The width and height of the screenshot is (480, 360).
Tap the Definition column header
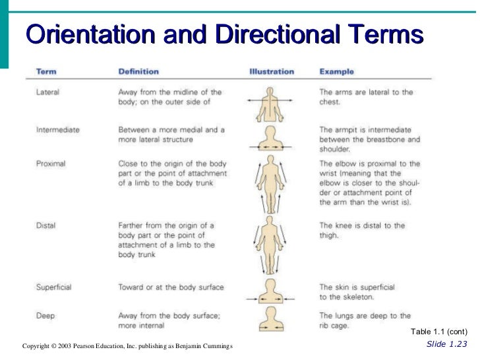[x=138, y=71]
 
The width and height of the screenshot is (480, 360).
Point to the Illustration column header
[x=271, y=71]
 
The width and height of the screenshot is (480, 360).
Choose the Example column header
[x=336, y=71]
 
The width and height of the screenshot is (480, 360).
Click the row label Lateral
[x=47, y=92]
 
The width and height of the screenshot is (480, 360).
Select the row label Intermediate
[x=58, y=130]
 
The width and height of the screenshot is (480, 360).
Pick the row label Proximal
[x=51, y=163]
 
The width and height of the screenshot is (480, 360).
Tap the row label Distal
[x=46, y=225]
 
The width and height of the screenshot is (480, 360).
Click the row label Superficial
[x=54, y=287]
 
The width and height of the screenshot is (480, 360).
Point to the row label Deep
[x=45, y=316]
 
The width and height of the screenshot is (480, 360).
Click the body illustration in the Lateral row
[x=270, y=102]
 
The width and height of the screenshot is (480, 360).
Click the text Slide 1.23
[x=446, y=344]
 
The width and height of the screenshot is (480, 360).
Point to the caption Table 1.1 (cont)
[x=438, y=332]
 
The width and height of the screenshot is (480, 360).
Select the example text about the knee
[x=362, y=230]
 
